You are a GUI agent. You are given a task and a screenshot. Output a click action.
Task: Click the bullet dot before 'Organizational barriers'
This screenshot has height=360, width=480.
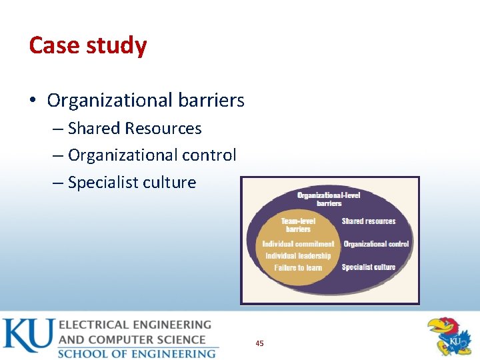[x=33, y=101]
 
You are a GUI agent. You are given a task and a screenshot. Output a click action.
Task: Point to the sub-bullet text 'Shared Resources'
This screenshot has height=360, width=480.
[x=135, y=128]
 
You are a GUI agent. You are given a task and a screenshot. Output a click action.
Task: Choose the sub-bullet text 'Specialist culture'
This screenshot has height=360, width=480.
[x=132, y=183]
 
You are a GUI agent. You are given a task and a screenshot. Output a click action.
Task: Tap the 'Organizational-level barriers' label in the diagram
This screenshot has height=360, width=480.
[x=329, y=199]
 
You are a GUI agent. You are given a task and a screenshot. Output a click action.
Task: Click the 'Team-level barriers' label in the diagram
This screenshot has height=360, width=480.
[x=298, y=225]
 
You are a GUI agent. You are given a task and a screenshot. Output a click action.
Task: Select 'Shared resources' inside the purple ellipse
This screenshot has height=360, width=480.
[x=369, y=221]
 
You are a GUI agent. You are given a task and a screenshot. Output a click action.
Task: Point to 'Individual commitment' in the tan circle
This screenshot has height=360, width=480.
[x=298, y=244]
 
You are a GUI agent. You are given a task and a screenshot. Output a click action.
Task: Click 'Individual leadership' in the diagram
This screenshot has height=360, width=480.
[x=298, y=256]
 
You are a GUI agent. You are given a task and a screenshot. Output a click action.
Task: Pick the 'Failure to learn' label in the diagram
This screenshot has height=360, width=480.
[x=298, y=268]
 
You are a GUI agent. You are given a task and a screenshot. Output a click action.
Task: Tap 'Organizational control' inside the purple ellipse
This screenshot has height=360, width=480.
[x=376, y=244]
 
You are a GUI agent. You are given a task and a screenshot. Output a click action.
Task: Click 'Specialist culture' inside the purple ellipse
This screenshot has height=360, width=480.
[x=369, y=267]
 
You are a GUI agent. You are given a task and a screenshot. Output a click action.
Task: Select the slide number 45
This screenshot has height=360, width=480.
[x=259, y=343]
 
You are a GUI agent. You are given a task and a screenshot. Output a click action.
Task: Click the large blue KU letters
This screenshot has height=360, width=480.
[x=28, y=336]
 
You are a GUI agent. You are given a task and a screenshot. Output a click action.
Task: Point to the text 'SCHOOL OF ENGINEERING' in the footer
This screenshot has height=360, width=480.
[x=137, y=353]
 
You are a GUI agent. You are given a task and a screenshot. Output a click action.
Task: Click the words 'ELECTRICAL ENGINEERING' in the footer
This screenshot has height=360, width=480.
[x=135, y=325]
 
